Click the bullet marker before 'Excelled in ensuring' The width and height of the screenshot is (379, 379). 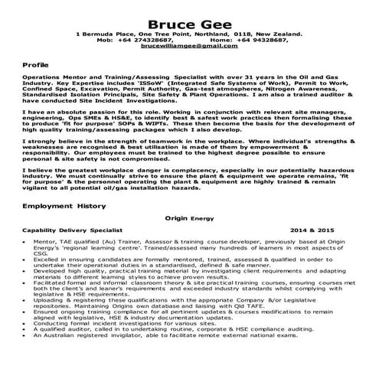(x=26, y=260)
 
